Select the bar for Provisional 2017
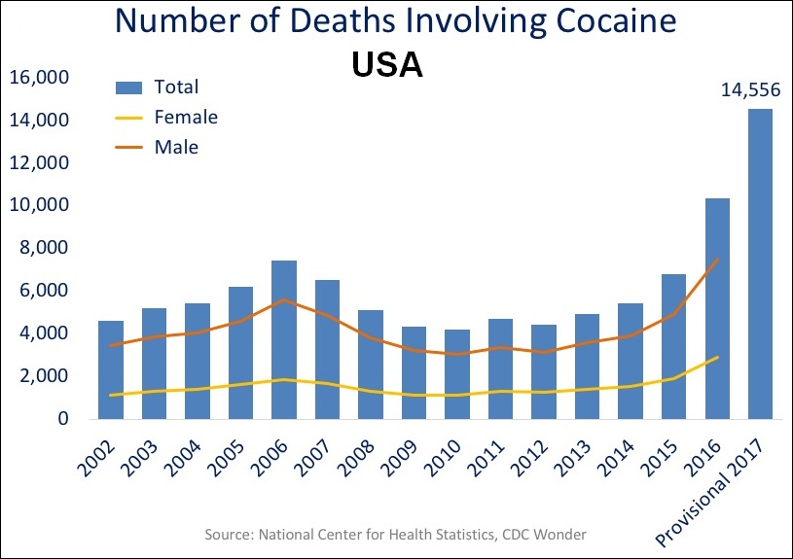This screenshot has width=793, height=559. tap(760, 263)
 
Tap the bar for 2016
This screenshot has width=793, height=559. tap(717, 308)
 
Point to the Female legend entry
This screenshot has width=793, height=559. tap(186, 118)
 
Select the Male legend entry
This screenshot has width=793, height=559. tap(176, 148)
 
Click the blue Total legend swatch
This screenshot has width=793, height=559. tap(129, 87)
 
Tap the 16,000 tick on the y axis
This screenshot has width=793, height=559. tap(38, 77)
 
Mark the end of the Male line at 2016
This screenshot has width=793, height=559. tap(717, 259)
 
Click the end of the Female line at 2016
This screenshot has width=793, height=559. tap(717, 357)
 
